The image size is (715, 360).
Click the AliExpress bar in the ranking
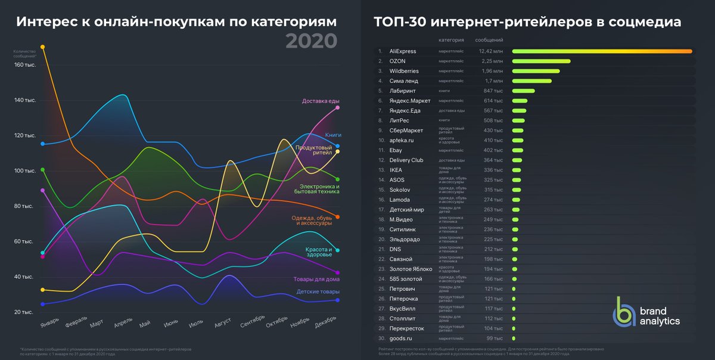[x=602, y=51]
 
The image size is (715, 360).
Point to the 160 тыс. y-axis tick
[x=25, y=65]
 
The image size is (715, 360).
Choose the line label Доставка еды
[x=321, y=101]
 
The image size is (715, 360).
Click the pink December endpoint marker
[x=338, y=107]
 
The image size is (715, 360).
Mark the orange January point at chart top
[x=42, y=46]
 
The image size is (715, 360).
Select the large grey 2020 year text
[x=311, y=41]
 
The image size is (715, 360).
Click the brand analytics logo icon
[x=624, y=311]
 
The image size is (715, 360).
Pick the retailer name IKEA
[x=396, y=170]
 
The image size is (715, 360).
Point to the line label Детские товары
[x=318, y=291]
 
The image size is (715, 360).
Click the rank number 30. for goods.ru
[x=380, y=338]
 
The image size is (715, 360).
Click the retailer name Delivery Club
[x=406, y=160]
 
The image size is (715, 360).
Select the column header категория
[x=451, y=40]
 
